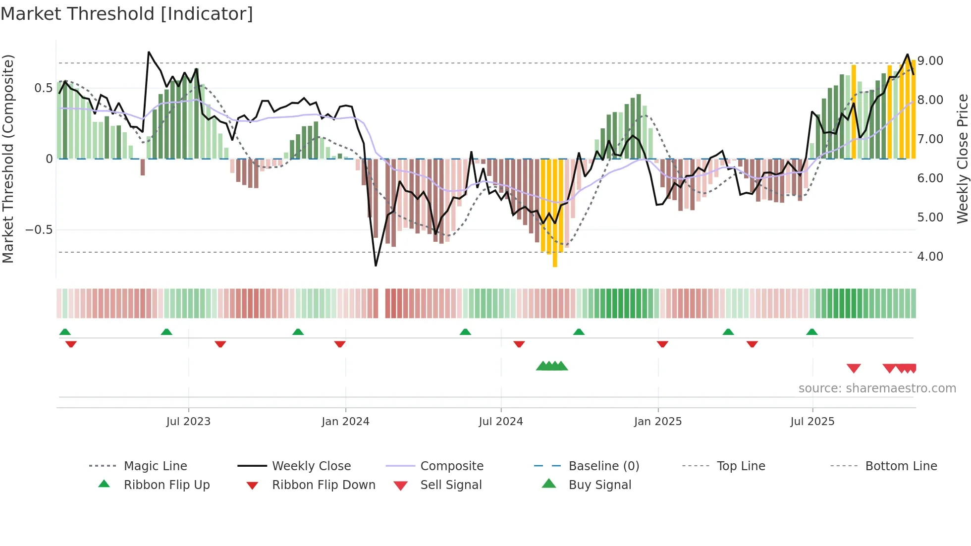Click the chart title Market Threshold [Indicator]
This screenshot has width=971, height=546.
click(127, 14)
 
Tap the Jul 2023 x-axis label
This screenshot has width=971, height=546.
click(188, 422)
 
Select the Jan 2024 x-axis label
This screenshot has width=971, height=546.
click(345, 422)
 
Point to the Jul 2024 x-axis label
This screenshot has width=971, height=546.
click(501, 422)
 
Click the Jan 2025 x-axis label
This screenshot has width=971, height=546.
click(658, 422)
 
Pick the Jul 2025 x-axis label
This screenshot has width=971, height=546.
click(812, 422)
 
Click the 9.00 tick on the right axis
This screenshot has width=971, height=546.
click(930, 61)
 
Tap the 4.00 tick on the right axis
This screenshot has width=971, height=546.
click(930, 257)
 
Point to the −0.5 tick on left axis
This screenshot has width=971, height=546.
click(39, 230)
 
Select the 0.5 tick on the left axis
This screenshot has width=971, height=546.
click(43, 88)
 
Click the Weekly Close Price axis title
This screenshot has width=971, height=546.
click(962, 159)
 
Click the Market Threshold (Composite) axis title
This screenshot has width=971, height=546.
click(8, 159)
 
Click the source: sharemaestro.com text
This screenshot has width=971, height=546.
click(877, 388)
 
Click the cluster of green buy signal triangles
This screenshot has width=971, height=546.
click(552, 366)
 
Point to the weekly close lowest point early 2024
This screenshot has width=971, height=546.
click(376, 266)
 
